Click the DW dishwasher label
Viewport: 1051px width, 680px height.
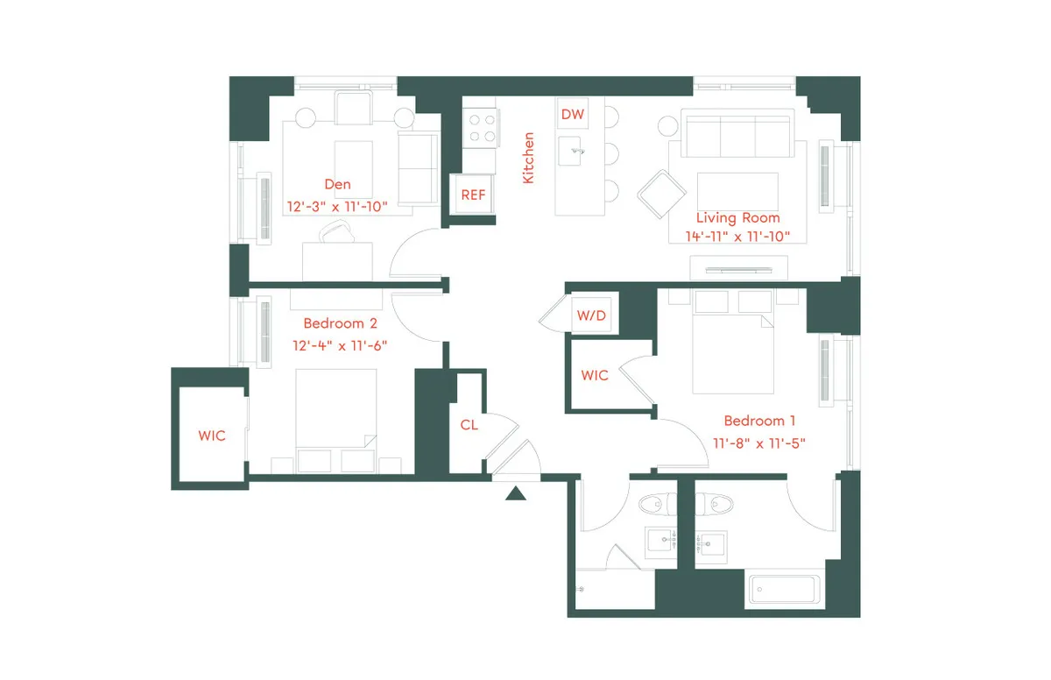[x=572, y=114]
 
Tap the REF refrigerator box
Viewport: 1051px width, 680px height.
[x=473, y=195]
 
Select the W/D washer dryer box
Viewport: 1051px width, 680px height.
[x=590, y=315]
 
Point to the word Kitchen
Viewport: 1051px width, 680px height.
[x=528, y=158]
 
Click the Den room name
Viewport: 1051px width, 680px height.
[x=337, y=184]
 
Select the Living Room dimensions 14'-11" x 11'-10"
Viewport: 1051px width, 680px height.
[x=737, y=236]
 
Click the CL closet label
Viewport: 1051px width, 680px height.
[x=469, y=425]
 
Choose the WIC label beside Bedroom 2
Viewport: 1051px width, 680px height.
[x=211, y=436]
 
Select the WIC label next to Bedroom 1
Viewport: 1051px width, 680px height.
[x=595, y=375]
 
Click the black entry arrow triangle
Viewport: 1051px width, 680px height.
[x=516, y=494]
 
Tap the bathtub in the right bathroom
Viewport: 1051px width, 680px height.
[x=785, y=591]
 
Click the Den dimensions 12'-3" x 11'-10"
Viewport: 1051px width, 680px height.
[x=337, y=206]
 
